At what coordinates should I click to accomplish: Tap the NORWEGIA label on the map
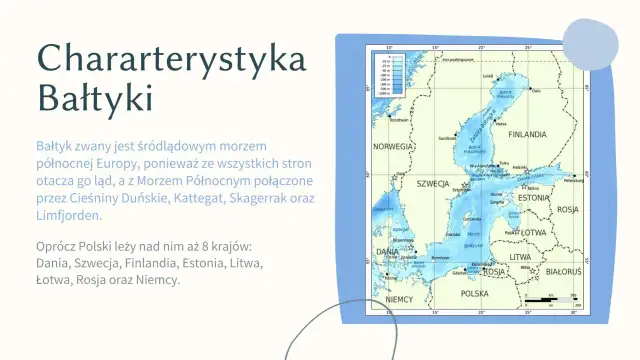392,146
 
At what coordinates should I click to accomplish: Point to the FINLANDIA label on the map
527,134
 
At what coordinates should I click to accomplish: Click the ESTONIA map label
534,198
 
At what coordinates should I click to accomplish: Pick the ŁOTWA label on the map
533,233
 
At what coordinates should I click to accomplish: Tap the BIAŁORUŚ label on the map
565,271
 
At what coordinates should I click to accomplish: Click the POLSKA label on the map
474,294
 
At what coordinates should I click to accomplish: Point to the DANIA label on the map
387,252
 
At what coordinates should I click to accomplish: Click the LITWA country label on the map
520,257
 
